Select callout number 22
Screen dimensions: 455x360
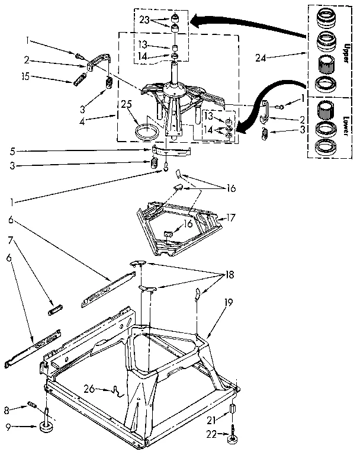(x=212, y=435)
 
